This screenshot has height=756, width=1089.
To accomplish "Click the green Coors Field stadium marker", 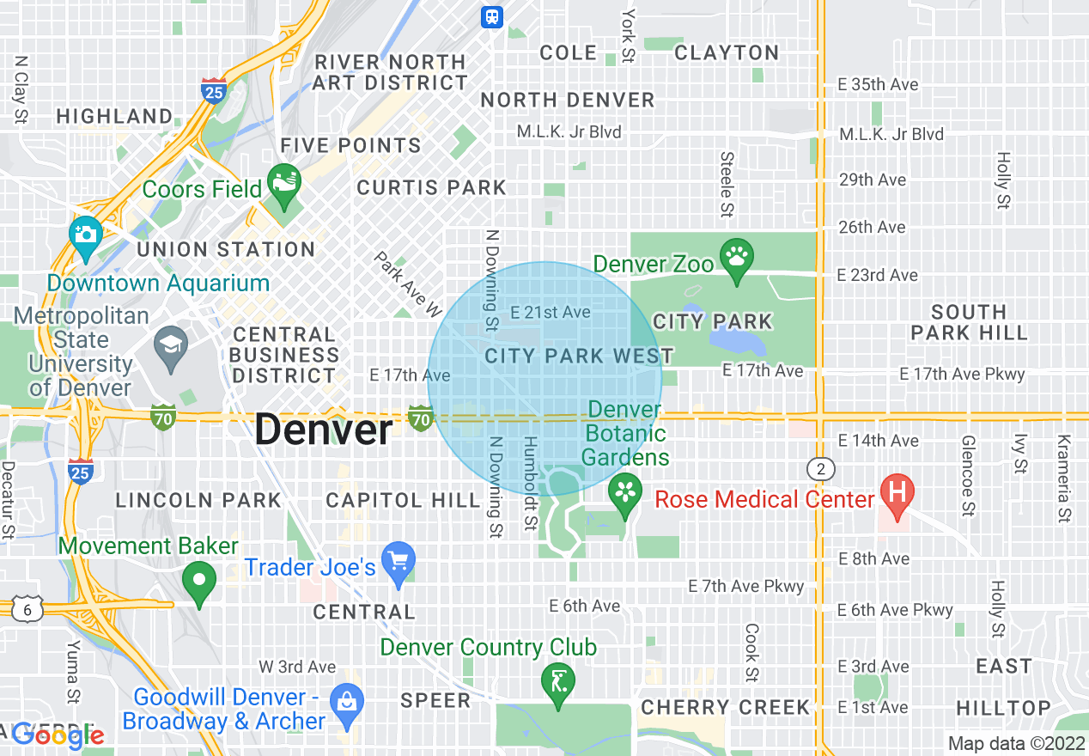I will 284,183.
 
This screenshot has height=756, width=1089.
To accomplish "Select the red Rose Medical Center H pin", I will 897,494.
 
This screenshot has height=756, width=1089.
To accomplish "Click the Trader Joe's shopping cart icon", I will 398,562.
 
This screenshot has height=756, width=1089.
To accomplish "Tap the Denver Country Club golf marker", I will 558,681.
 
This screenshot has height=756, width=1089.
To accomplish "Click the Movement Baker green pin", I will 200,579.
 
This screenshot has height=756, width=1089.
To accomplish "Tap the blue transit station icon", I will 492,16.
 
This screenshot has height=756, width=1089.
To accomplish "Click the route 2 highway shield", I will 821,469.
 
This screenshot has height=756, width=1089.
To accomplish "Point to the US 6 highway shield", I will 27,608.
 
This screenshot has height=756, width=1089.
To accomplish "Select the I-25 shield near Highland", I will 214,88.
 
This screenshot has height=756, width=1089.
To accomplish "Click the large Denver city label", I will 323,430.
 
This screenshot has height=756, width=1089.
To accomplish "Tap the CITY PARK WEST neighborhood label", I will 579,356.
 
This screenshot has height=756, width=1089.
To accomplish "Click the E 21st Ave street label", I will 550,312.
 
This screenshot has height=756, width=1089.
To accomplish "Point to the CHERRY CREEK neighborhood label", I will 726,707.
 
